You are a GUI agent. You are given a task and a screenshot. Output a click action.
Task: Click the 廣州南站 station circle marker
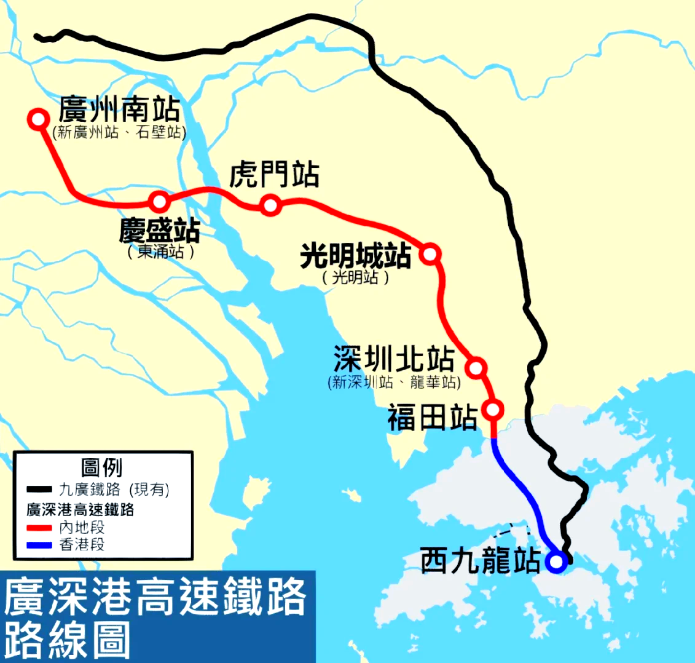coord(38,119)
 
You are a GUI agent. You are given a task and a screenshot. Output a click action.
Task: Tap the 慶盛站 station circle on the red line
coord(160,201)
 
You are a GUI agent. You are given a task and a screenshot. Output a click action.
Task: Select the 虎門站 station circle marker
coord(270,205)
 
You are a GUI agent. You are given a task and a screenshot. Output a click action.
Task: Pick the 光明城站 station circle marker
coord(430,253)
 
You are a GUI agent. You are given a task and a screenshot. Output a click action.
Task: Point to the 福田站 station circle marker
coord(493,409)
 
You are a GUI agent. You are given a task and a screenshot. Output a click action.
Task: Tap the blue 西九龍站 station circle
coord(556,562)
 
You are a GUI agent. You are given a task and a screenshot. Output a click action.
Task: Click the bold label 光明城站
coord(355,256)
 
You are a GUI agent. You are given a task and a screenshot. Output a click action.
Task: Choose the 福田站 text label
coord(432,418)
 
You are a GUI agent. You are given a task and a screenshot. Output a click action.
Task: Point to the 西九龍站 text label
coord(481,562)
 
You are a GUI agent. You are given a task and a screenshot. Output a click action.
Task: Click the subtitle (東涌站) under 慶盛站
coord(160,252)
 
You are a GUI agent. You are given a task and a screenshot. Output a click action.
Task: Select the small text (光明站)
coord(355,278)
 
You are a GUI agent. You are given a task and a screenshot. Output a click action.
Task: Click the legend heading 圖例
coord(102,467)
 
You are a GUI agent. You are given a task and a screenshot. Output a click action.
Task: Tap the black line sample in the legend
coord(39,490)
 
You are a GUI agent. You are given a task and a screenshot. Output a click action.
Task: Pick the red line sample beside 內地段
coord(39,528)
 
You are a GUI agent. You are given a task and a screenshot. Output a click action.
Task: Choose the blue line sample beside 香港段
coord(39,544)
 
